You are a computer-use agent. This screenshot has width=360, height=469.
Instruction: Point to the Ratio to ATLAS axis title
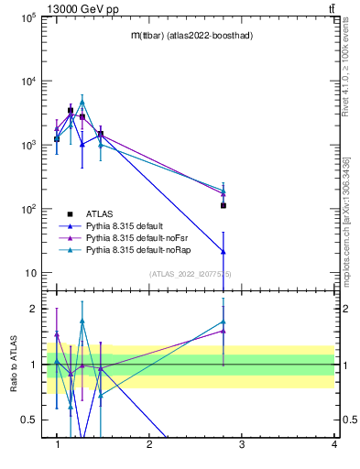(x=14, y=365)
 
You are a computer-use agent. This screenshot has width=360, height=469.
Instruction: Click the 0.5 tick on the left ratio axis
(x=29, y=420)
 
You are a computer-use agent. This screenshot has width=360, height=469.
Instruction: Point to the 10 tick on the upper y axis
(x=29, y=273)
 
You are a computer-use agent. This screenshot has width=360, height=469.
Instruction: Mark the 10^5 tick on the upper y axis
(x=27, y=16)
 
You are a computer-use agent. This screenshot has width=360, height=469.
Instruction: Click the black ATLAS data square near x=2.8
(x=224, y=205)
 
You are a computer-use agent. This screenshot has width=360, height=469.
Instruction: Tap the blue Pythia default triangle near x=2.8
(x=224, y=251)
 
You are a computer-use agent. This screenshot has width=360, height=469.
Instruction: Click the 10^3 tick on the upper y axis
(x=27, y=145)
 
